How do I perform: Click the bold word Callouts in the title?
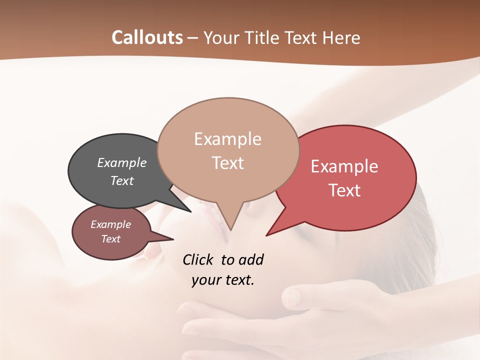pyautogui.click(x=147, y=37)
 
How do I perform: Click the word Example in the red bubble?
pyautogui.click(x=344, y=166)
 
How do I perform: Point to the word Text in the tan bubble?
pyautogui.click(x=227, y=163)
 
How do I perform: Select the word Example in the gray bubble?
pyautogui.click(x=122, y=162)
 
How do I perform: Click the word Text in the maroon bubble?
pyautogui.click(x=110, y=239)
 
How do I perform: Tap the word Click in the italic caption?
pyautogui.click(x=199, y=259)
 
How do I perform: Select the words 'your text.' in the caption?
pyautogui.click(x=223, y=280)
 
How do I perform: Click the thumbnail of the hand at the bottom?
pyautogui.click(x=292, y=297)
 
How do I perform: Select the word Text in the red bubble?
pyautogui.click(x=345, y=190)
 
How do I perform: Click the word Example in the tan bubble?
pyautogui.click(x=227, y=139)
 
